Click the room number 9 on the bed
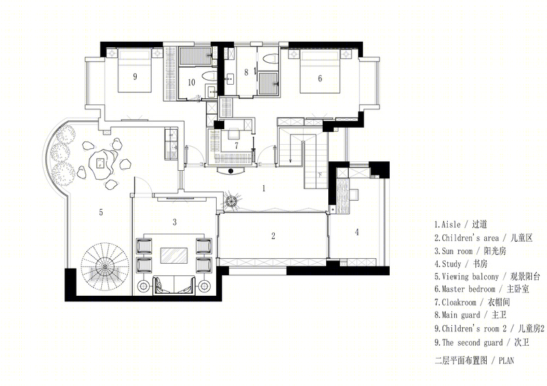point(135,77)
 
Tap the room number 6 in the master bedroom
point(320,79)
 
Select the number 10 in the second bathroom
point(191,82)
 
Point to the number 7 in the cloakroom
point(236,146)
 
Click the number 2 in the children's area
point(273,236)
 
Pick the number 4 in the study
point(356,232)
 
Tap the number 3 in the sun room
point(174,222)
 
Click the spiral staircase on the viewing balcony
point(105,266)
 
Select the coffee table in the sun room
point(174,256)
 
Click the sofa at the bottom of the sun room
point(174,284)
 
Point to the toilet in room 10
point(210,76)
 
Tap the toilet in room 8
point(270,59)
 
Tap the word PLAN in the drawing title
point(506,361)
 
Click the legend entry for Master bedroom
point(482,290)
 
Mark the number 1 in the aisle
point(264,189)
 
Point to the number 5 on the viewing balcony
point(101,212)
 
